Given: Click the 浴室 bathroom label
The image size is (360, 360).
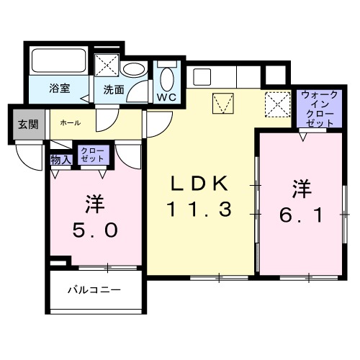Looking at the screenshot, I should click(58, 90).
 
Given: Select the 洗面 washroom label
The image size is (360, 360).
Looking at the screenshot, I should click(113, 90).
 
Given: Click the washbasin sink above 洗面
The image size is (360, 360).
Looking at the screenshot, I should click(132, 71).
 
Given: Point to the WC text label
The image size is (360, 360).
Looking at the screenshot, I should click(167, 95).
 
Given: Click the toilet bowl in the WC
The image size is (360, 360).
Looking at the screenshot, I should click(166, 76).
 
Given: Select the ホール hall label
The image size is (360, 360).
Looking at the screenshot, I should click(70, 122).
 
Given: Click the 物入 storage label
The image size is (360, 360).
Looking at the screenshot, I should click(61, 159).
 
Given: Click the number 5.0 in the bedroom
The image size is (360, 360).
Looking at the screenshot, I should click(92, 231).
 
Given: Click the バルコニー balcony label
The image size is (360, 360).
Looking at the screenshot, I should click(94, 290).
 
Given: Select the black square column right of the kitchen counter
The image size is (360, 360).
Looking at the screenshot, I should click(274, 73).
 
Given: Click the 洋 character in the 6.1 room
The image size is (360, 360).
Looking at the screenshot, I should click(301, 189).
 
